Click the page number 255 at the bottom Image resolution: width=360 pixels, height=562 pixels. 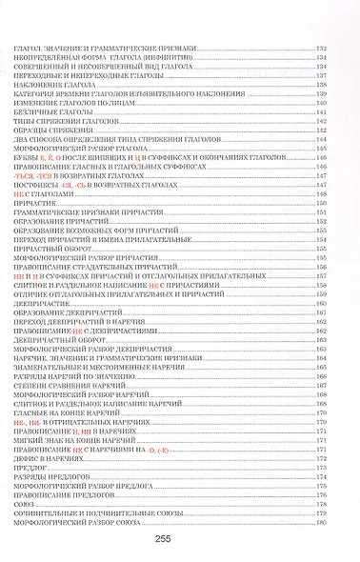tap(180, 538)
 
